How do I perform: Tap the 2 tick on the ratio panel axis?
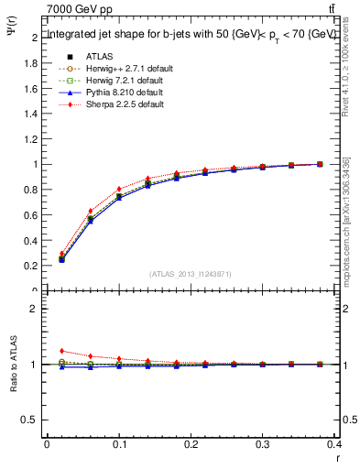coord(34,309)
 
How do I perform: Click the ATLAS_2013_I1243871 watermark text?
coord(191,274)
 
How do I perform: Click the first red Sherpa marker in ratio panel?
coord(61,351)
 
